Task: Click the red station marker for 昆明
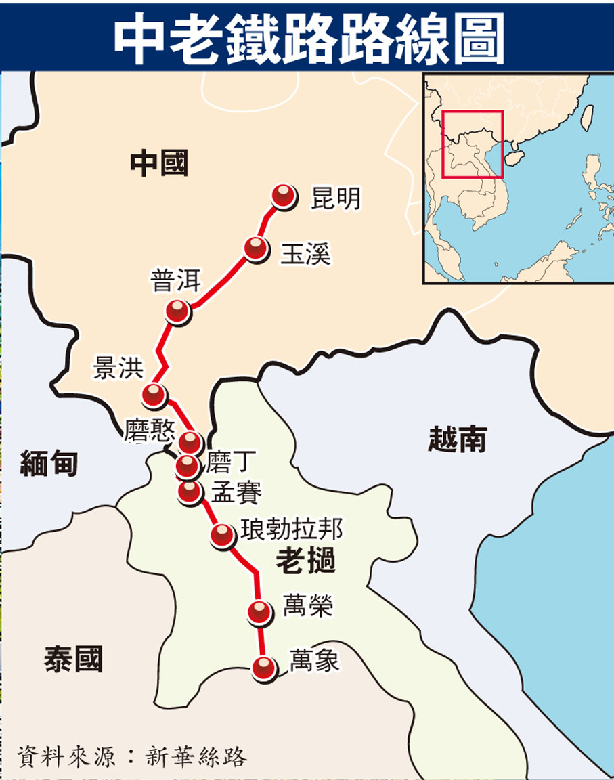click(x=284, y=196)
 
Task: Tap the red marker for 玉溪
click(x=257, y=248)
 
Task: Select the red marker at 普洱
click(x=178, y=311)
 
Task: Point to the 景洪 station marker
click(x=154, y=394)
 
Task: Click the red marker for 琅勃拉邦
click(x=222, y=535)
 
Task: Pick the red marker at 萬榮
click(x=259, y=612)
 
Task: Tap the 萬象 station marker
click(x=263, y=668)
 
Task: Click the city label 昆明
click(x=336, y=198)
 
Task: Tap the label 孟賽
click(x=236, y=493)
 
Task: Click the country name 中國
click(x=159, y=163)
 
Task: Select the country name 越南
click(x=458, y=440)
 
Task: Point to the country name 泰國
click(x=73, y=657)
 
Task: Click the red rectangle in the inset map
click(x=473, y=144)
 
